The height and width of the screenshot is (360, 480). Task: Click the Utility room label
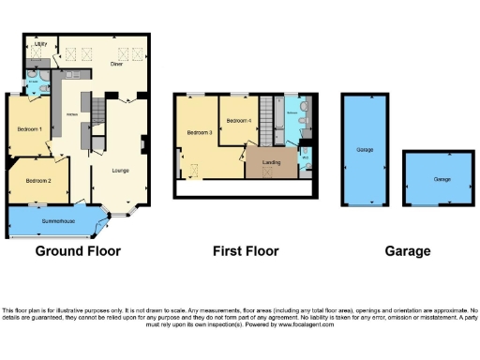click(x=41, y=44)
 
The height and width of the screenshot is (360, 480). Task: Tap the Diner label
click(x=116, y=64)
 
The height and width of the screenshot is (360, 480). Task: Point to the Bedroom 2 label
click(x=38, y=180)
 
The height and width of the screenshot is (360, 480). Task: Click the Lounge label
click(x=120, y=170)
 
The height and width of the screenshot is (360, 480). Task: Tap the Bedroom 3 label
click(x=200, y=133)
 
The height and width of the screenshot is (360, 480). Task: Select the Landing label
click(x=271, y=163)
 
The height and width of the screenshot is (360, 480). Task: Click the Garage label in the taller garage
click(x=365, y=149)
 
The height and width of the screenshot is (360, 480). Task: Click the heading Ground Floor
click(x=78, y=251)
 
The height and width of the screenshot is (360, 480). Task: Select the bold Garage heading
click(x=408, y=251)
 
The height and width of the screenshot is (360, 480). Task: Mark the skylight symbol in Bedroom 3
click(x=196, y=169)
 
